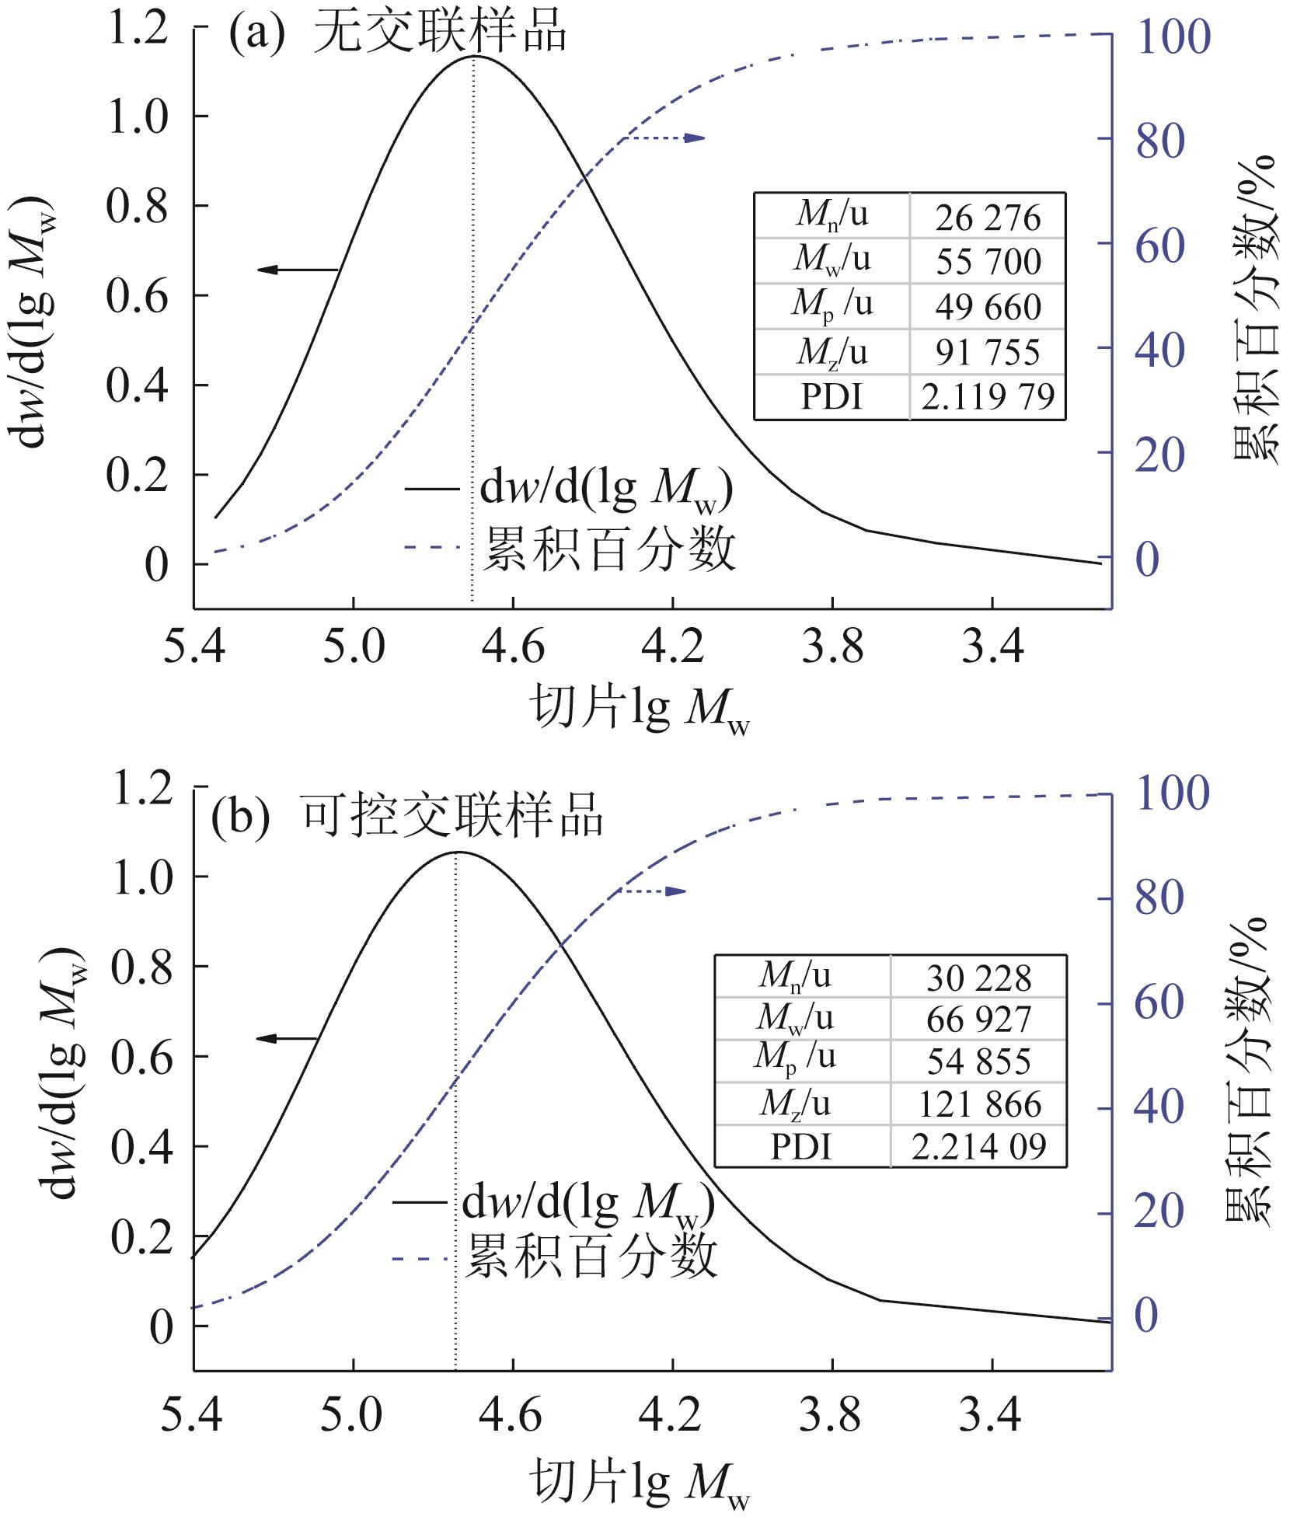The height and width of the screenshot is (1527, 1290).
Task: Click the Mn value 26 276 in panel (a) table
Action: tap(987, 218)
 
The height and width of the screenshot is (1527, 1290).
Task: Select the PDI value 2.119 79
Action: tap(987, 397)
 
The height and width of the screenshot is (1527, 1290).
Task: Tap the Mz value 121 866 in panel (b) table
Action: tap(978, 1104)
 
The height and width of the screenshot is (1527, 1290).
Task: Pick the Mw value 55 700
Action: tap(987, 262)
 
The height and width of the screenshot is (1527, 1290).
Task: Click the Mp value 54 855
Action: tap(978, 1062)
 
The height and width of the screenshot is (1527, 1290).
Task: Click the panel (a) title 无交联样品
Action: tap(440, 35)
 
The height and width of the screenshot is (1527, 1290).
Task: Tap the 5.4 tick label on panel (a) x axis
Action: tap(194, 647)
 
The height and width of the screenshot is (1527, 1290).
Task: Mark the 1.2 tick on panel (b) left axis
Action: tap(140, 789)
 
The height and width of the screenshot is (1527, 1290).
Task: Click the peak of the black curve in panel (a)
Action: tap(474, 57)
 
